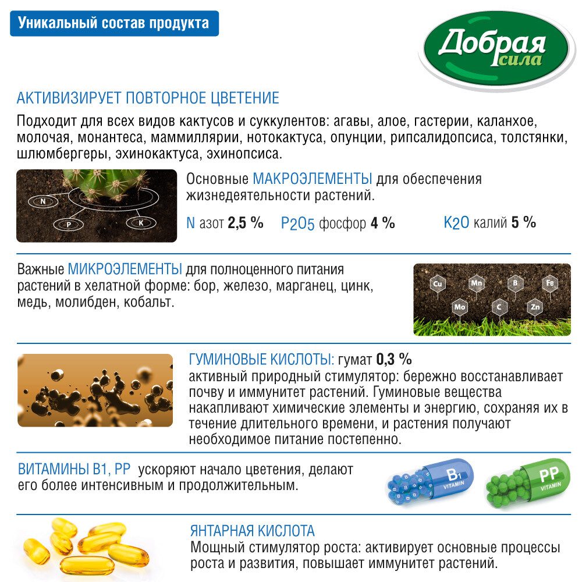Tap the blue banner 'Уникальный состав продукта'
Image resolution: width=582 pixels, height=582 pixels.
pos(114,24)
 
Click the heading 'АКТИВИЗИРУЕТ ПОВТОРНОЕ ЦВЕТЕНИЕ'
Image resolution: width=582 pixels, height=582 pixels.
pos(148,98)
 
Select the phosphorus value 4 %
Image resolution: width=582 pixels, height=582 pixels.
pos(382,222)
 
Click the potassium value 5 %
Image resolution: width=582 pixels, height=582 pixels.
pos(523,222)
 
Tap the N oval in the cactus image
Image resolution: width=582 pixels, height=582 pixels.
pos(42,201)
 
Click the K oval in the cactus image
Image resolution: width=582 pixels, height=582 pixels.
pos(140,222)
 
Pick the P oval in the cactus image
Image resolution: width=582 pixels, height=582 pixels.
pos(68,223)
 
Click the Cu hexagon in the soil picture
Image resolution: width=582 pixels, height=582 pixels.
pos(436,284)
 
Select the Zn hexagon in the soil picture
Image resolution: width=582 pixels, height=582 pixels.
pos(535,306)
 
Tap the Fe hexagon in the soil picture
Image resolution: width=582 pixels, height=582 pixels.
pos(549,283)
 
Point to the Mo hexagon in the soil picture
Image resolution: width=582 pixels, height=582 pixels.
pos(460,306)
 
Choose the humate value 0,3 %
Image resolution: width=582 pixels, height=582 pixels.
pos(394,358)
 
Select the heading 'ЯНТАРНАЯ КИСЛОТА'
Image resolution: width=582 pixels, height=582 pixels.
pos(252,531)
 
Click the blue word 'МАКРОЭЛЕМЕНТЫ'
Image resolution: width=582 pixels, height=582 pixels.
pos(313,178)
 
